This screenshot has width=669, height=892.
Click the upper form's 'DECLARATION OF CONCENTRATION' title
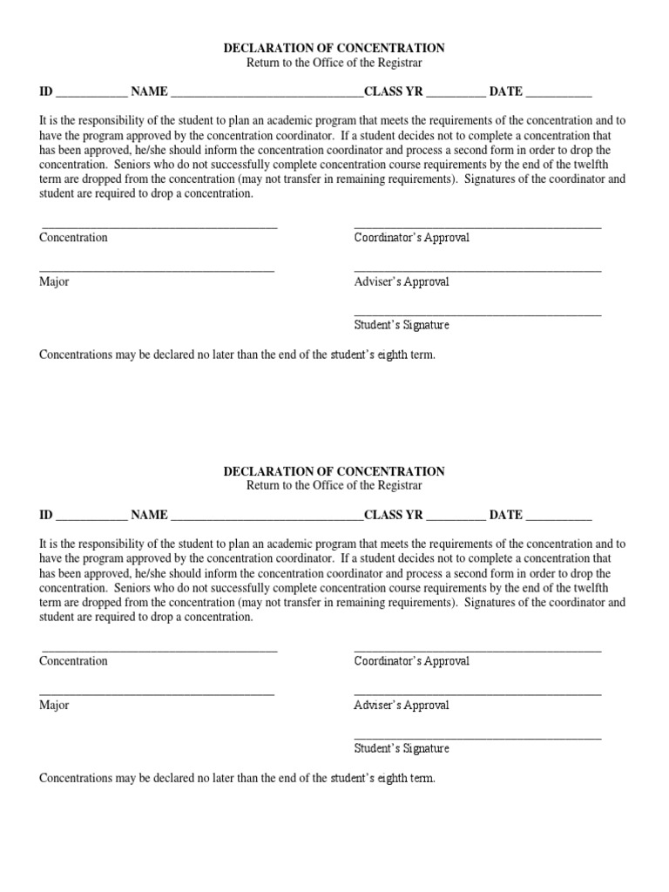334,49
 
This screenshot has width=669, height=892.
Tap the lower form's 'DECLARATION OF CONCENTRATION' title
334,471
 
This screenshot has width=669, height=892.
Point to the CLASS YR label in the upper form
393,91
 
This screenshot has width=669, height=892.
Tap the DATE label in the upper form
505,91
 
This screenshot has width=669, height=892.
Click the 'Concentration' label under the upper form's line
73,238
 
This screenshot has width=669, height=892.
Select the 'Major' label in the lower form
54,705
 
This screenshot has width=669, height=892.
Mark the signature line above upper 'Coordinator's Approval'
477,227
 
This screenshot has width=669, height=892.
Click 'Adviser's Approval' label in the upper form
402,282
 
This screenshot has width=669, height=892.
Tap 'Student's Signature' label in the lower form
402,748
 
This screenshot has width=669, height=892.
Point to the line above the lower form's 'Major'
157,694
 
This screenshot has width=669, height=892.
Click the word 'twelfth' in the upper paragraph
606,165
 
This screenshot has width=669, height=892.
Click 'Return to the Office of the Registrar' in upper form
334,64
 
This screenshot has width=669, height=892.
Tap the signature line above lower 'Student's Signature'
477,738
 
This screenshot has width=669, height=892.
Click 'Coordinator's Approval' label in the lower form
411,661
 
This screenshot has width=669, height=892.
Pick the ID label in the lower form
46,515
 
